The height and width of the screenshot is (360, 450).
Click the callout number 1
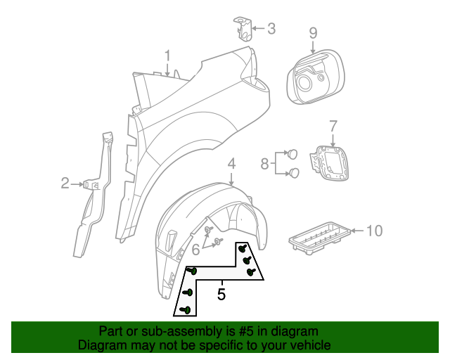pos(168,56)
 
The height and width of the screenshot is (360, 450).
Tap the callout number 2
pos(65,184)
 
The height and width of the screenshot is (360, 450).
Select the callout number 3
pos(271,29)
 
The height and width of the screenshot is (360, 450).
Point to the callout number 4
pos(231,165)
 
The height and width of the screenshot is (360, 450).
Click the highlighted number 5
pos(221,294)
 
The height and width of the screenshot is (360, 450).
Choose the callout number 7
pos(333,126)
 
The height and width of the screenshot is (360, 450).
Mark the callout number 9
pos(313,32)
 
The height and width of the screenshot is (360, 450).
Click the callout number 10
pos(374,230)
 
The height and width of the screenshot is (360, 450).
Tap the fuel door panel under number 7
pos(330,165)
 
